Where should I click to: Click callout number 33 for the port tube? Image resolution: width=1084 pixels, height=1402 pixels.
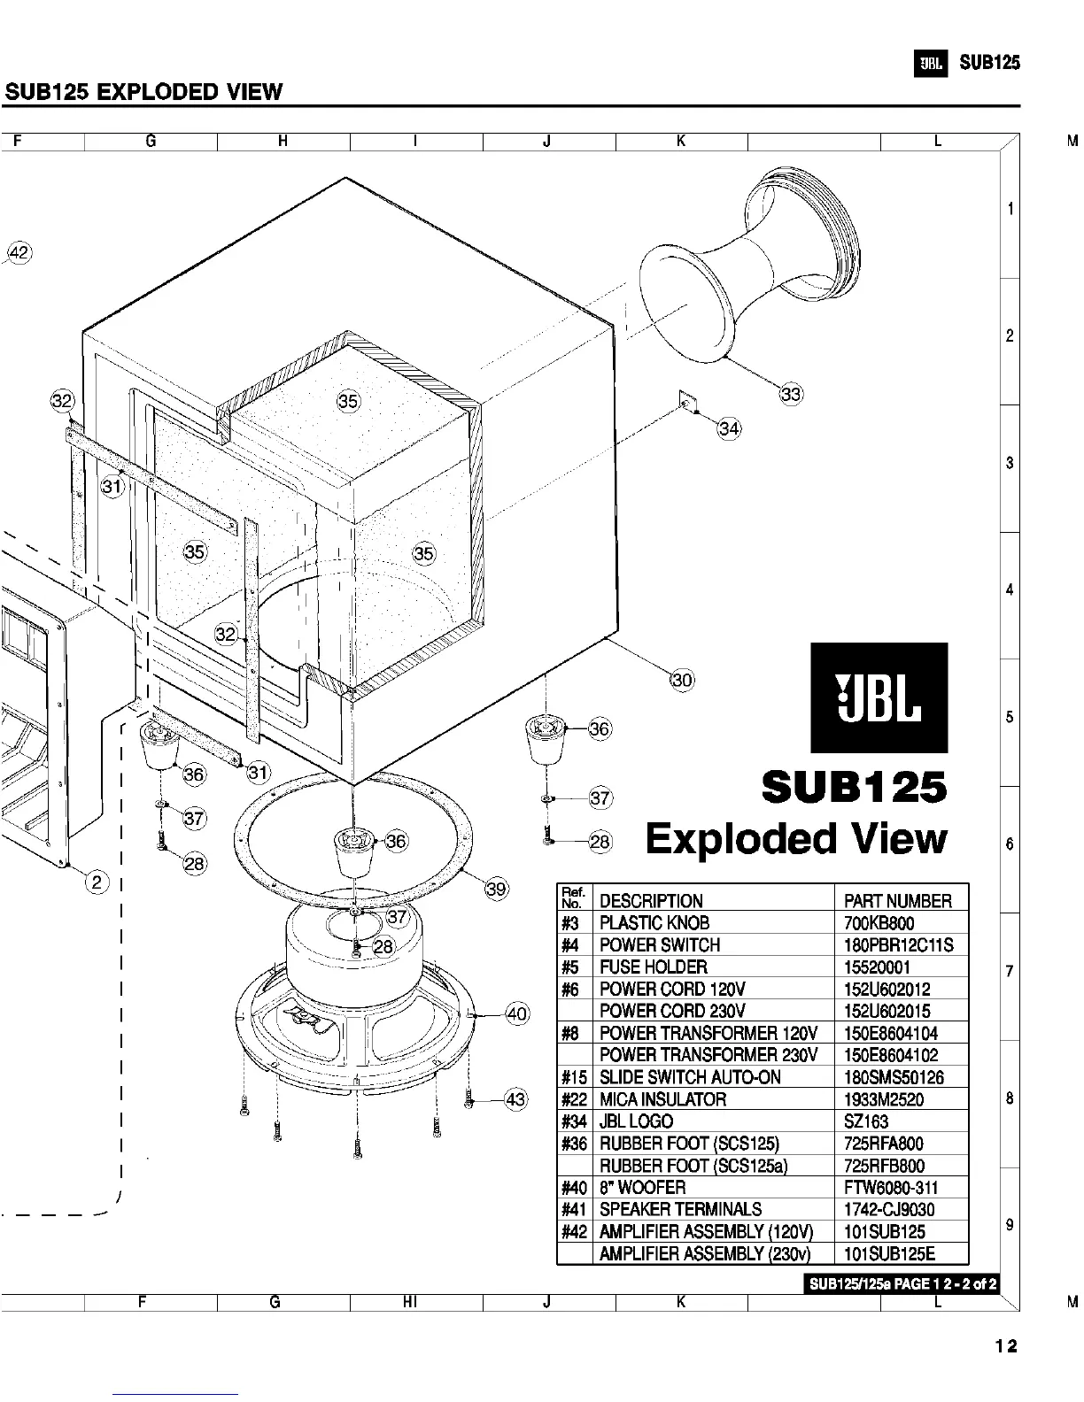click(791, 395)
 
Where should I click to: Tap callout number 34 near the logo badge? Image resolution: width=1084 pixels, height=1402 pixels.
click(729, 429)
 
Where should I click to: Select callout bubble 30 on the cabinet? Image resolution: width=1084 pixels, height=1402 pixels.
click(682, 680)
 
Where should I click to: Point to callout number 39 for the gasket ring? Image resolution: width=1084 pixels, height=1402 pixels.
click(497, 889)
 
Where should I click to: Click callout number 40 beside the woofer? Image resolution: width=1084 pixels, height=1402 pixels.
click(516, 1014)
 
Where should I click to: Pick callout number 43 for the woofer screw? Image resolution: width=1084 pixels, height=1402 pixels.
click(515, 1100)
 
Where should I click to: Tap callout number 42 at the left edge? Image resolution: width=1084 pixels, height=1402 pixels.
click(19, 253)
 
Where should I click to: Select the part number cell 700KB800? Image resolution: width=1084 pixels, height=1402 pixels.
click(879, 923)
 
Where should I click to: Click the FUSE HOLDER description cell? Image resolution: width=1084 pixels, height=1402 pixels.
click(654, 967)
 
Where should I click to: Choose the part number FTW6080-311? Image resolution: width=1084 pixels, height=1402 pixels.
click(890, 1188)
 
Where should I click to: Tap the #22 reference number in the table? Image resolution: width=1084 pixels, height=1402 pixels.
click(574, 1100)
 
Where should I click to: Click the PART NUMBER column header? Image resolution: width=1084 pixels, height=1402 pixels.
click(897, 901)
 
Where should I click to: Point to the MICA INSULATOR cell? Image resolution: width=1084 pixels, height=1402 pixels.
click(662, 1100)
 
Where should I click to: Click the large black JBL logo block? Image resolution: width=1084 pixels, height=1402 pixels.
click(879, 697)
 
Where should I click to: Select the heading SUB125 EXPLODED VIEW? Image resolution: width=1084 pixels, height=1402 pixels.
click(143, 92)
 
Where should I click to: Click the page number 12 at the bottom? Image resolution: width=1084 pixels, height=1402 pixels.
click(1005, 1346)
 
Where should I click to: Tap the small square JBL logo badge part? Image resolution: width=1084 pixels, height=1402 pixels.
click(685, 401)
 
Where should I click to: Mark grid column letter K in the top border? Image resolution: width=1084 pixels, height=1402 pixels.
click(681, 141)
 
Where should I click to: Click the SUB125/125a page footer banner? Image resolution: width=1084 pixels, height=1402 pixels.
click(902, 1284)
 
